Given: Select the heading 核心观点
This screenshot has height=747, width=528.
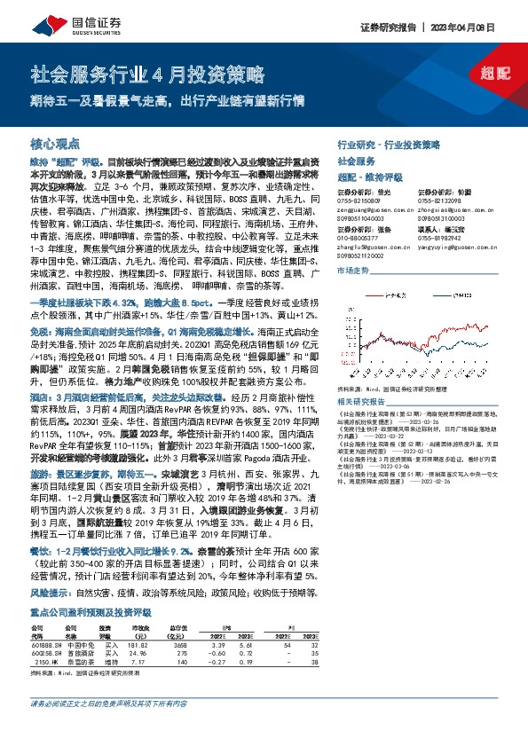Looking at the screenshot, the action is click(55, 142).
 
